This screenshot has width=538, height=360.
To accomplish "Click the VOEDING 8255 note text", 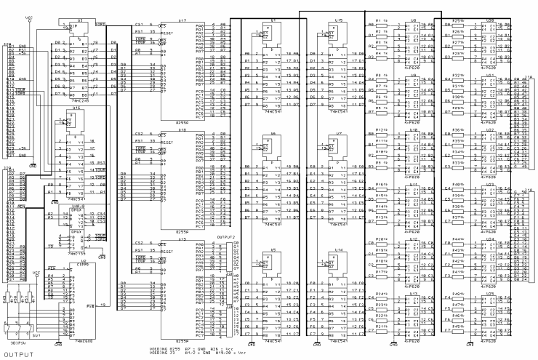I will pyautogui.click(x=169, y=348).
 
